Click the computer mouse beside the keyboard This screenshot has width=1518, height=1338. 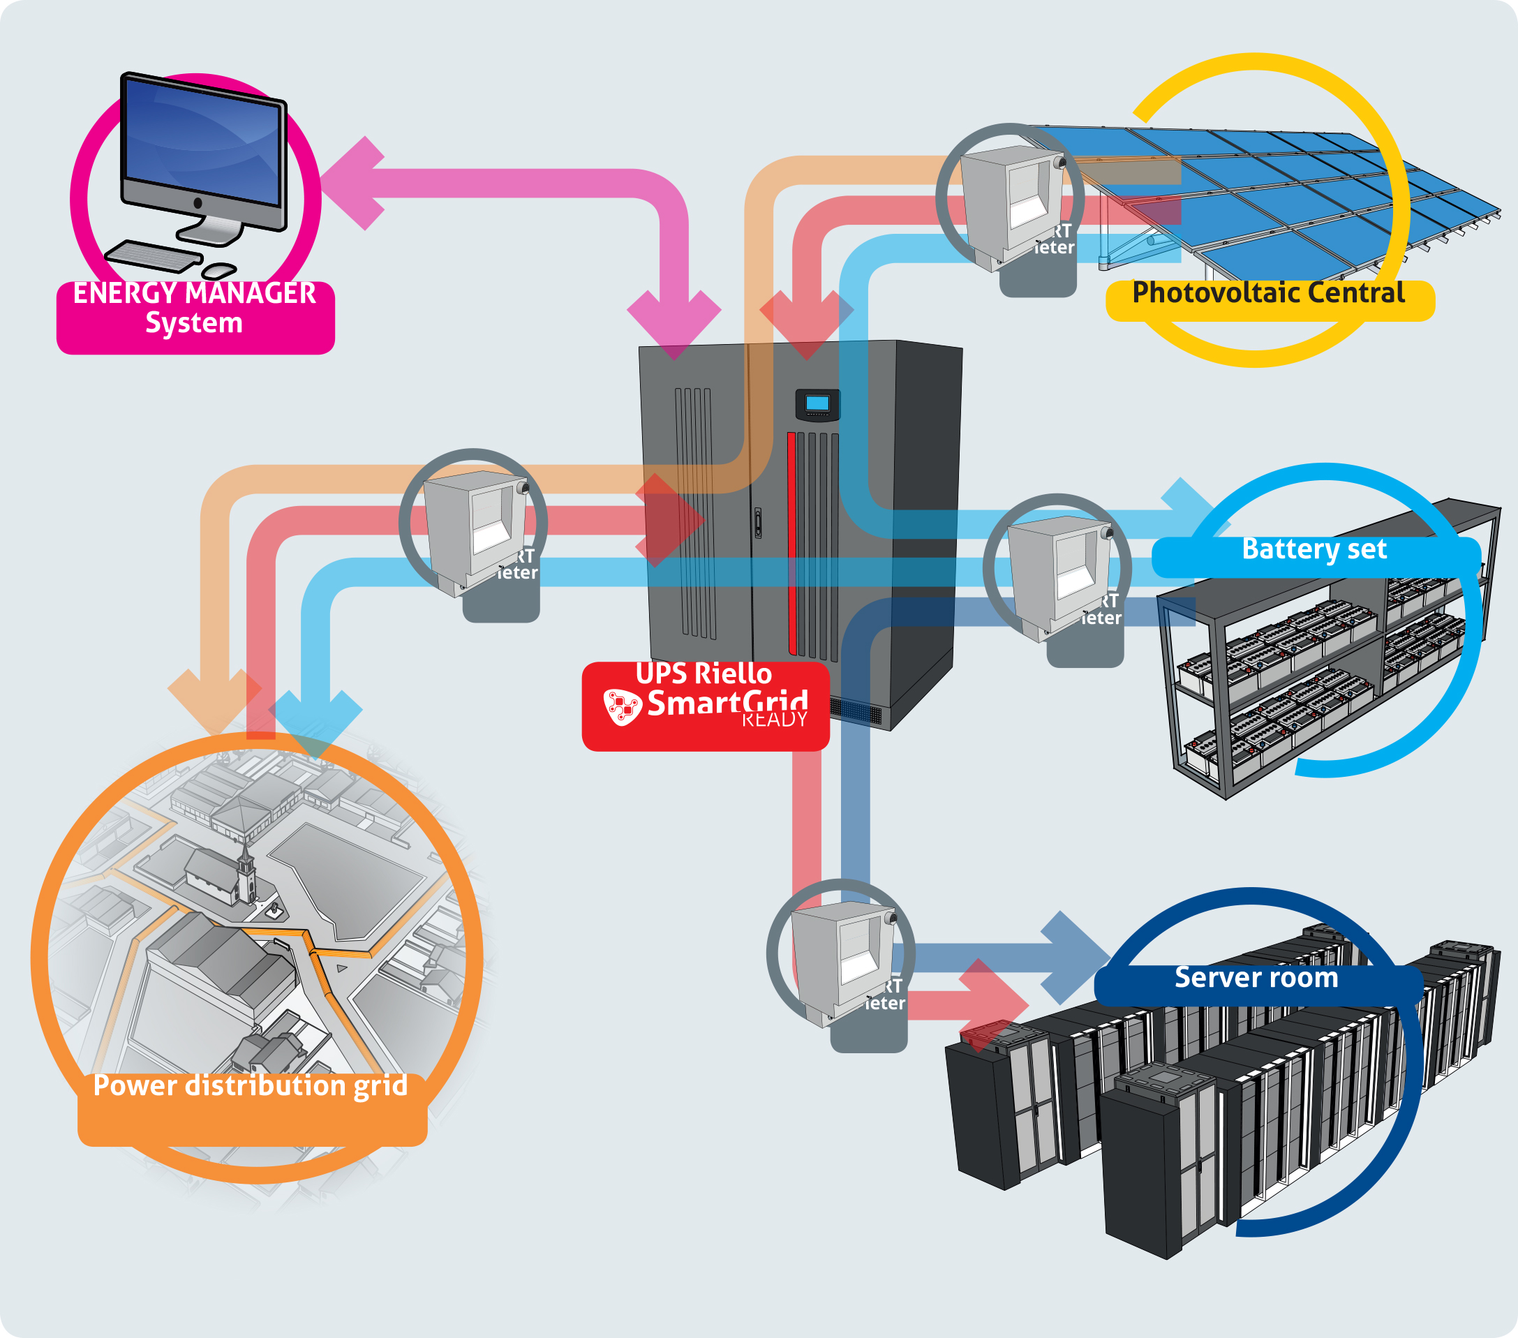(x=219, y=271)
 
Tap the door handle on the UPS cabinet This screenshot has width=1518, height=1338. (x=757, y=522)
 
